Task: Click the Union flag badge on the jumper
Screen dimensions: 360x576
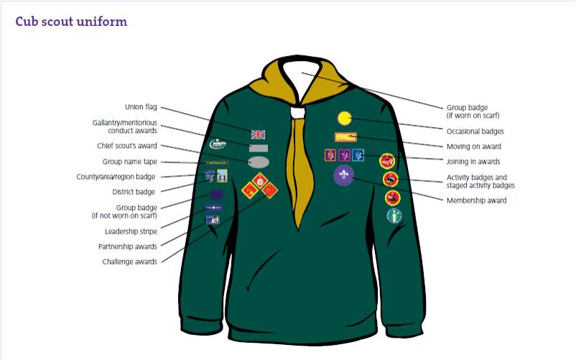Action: [259, 134]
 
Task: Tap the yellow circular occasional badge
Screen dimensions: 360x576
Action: [345, 117]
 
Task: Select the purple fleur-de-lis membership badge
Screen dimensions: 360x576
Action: [343, 175]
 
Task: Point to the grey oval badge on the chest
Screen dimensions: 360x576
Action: [259, 162]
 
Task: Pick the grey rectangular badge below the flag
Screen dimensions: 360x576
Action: [259, 148]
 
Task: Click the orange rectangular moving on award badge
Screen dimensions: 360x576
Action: [345, 137]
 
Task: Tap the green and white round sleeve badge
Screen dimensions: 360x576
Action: [394, 216]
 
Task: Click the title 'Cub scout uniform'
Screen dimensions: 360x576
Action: [71, 22]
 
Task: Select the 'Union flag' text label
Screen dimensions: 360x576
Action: [141, 108]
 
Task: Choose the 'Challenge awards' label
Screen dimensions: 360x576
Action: [129, 262]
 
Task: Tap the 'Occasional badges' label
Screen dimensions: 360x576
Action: [475, 131]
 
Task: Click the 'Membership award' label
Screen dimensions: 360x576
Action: [476, 200]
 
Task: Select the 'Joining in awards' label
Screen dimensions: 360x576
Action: [473, 162]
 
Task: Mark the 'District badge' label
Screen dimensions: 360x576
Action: [134, 192]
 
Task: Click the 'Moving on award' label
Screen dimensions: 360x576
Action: [474, 147]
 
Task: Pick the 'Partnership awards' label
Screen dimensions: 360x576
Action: [128, 246]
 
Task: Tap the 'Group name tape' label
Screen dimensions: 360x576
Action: [129, 162]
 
